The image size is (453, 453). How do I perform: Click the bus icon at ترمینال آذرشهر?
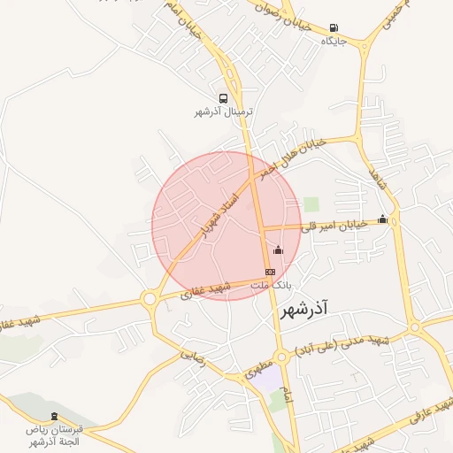(x=224, y=99)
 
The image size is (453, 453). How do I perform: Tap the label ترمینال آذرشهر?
(x=224, y=112)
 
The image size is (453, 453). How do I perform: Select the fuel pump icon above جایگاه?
(x=334, y=28)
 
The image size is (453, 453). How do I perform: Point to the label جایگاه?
(x=334, y=41)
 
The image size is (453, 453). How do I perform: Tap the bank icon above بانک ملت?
(x=270, y=272)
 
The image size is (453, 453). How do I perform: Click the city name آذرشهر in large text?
(x=303, y=311)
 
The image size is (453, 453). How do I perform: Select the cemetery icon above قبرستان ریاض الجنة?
(x=55, y=417)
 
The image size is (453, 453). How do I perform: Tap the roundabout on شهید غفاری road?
(x=150, y=300)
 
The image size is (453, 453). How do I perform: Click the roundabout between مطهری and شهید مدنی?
(x=281, y=357)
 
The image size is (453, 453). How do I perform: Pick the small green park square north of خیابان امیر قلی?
(x=311, y=204)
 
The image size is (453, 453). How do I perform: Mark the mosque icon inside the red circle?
(x=279, y=250)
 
